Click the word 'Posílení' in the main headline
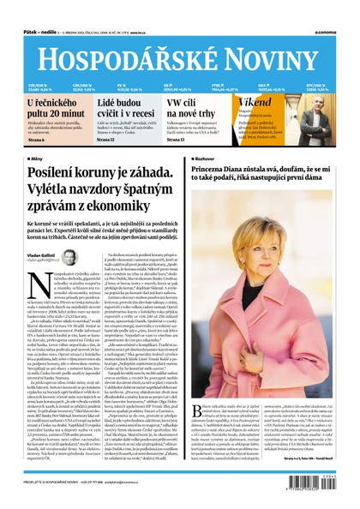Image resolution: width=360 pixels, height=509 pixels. coord(59,177)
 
